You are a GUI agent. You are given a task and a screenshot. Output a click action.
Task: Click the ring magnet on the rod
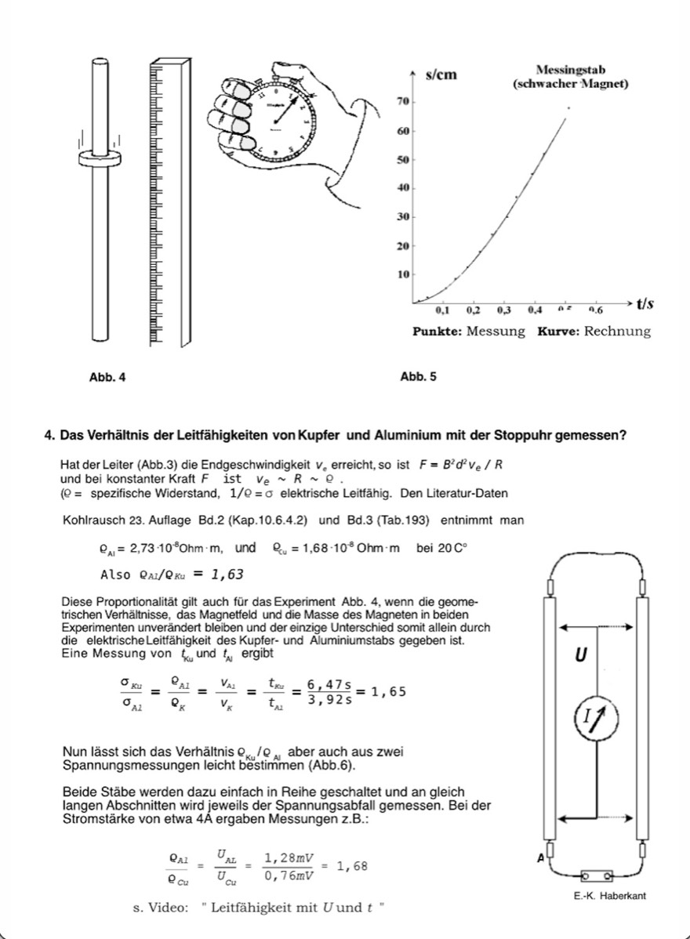point(100,158)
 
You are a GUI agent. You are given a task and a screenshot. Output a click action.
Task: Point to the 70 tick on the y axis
point(401,103)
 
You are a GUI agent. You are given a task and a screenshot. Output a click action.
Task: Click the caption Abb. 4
point(107,378)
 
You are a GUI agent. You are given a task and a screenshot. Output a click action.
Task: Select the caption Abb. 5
point(418,377)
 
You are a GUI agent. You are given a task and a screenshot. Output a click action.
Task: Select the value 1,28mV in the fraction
point(287,857)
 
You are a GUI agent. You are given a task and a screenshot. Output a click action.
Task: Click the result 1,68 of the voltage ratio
point(352,866)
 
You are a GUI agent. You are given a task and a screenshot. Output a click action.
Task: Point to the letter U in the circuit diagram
point(580,655)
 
